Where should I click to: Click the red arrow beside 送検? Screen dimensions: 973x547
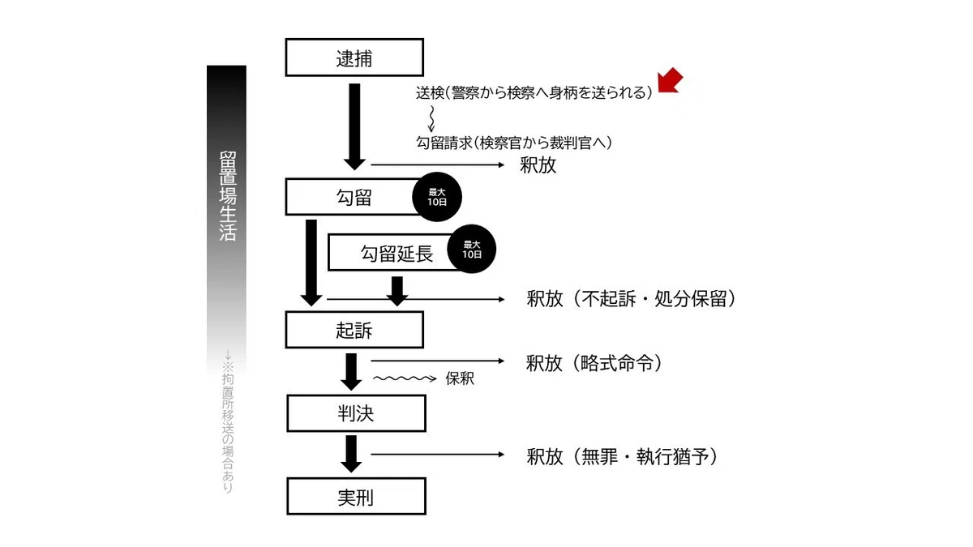coord(670,81)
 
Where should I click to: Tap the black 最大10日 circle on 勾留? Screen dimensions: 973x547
coord(436,197)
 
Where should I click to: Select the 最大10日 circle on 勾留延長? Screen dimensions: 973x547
coord(471,249)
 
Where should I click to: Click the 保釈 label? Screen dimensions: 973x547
coord(460,378)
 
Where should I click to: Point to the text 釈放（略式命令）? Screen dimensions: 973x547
coord(594,363)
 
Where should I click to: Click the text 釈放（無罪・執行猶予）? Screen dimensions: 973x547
coord(622,456)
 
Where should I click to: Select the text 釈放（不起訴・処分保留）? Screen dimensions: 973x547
coord(631,298)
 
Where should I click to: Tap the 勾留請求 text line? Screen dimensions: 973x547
coord(514,143)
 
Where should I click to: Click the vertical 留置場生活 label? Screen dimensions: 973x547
coord(228,196)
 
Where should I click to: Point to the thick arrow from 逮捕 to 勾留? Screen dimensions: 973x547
coord(354,126)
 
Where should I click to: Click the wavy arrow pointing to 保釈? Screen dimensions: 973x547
coord(405,378)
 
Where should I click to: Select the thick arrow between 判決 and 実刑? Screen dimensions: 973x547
coord(351,454)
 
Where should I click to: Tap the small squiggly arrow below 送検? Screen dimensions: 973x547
coord(431,119)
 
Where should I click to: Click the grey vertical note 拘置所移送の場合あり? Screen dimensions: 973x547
coord(228,421)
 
